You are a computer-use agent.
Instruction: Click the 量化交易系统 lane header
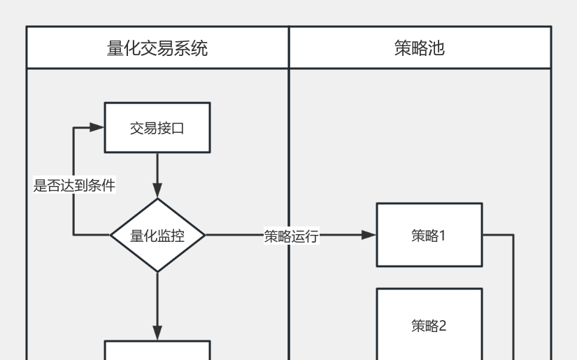pyautogui.click(x=157, y=48)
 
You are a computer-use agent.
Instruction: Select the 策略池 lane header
pyautogui.click(x=420, y=48)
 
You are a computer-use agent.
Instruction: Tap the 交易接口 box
pyautogui.click(x=157, y=127)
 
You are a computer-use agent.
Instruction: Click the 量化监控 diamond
pyautogui.click(x=157, y=236)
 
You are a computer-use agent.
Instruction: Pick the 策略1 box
pyautogui.click(x=429, y=235)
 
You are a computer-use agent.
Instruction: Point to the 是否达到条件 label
pyautogui.click(x=74, y=185)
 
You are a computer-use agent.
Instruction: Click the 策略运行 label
pyautogui.click(x=291, y=236)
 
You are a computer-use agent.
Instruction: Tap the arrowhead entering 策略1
pyautogui.click(x=369, y=235)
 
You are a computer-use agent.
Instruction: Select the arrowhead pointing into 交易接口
pyautogui.click(x=97, y=127)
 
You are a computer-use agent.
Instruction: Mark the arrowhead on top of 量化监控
pyautogui.click(x=157, y=191)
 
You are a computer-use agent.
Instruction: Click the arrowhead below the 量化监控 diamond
pyautogui.click(x=157, y=333)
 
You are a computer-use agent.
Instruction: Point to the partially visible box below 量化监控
pyautogui.click(x=157, y=350)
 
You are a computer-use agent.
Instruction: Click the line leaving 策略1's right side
pyautogui.click(x=498, y=235)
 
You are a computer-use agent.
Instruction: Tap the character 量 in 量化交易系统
pyautogui.click(x=115, y=48)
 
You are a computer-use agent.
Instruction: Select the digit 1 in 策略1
pyautogui.click(x=443, y=236)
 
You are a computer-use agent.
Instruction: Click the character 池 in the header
pyautogui.click(x=436, y=48)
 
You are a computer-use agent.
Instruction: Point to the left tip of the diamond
pyautogui.click(x=111, y=236)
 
